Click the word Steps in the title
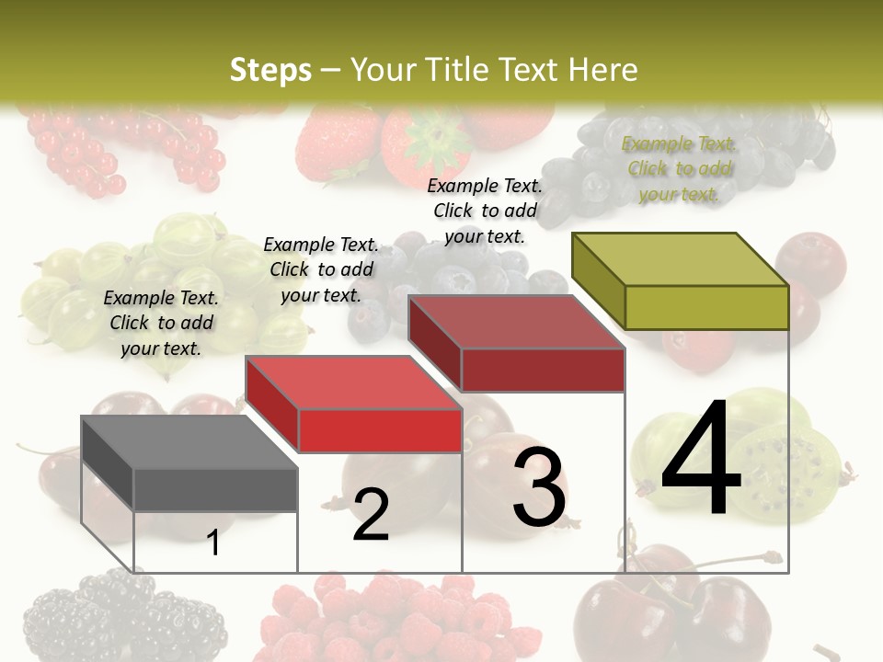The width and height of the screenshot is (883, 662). (269, 70)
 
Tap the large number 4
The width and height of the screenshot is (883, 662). (701, 461)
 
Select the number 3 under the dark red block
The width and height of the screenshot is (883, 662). (539, 486)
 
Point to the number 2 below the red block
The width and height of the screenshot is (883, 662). (371, 515)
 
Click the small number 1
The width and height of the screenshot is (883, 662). (213, 542)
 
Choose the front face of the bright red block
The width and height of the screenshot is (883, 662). (380, 430)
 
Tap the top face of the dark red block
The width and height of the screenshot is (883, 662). (516, 323)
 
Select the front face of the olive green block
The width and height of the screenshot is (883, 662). (706, 307)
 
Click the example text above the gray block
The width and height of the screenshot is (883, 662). (161, 323)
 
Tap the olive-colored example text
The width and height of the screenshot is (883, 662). (679, 168)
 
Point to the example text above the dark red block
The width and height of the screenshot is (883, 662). (485, 211)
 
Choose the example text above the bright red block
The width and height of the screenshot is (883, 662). (321, 269)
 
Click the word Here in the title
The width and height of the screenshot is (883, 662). (603, 70)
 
